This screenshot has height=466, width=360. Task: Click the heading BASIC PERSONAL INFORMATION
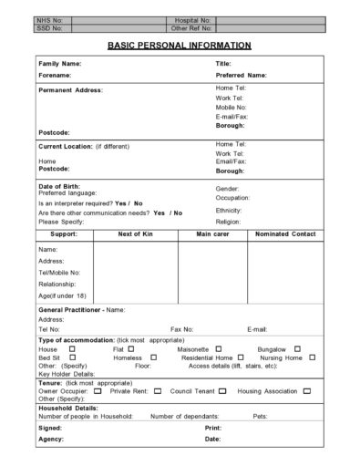180,45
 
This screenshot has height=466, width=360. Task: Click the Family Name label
59,64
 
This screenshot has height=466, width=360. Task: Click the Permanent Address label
70,90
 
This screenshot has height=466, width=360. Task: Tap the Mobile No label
231,107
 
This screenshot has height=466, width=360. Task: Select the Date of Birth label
60,186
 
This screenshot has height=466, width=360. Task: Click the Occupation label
232,198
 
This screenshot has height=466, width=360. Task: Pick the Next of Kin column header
136,234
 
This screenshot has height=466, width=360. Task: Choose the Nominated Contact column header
284,234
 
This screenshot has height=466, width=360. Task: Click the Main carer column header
211,234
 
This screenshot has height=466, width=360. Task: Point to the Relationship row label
59,284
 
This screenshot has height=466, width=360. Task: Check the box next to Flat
131,348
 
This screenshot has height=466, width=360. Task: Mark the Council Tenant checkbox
223,390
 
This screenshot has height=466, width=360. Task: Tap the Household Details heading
68,408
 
